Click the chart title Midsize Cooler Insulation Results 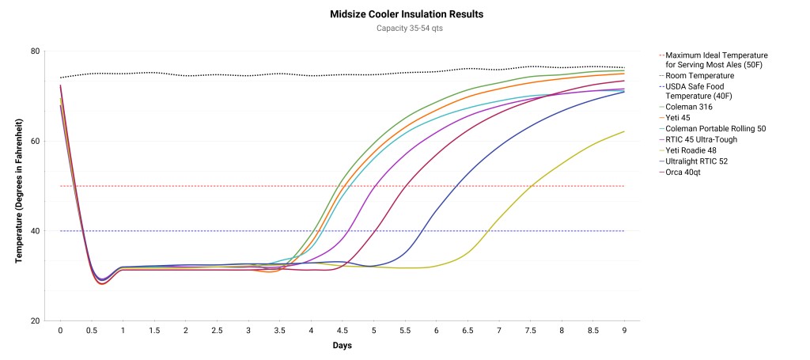[407, 14]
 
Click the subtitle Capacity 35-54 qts [407, 29]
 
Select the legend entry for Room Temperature [699, 75]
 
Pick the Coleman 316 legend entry [691, 106]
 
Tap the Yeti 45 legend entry [683, 117]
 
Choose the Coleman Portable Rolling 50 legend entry [716, 128]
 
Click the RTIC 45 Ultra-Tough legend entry [702, 139]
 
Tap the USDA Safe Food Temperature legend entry [704, 91]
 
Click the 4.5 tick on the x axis [343, 331]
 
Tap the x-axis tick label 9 [625, 331]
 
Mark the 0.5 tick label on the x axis [91, 331]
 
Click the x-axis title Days [342, 346]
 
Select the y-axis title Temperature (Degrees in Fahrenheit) [18, 187]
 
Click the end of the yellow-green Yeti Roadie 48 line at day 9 [624, 131]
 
